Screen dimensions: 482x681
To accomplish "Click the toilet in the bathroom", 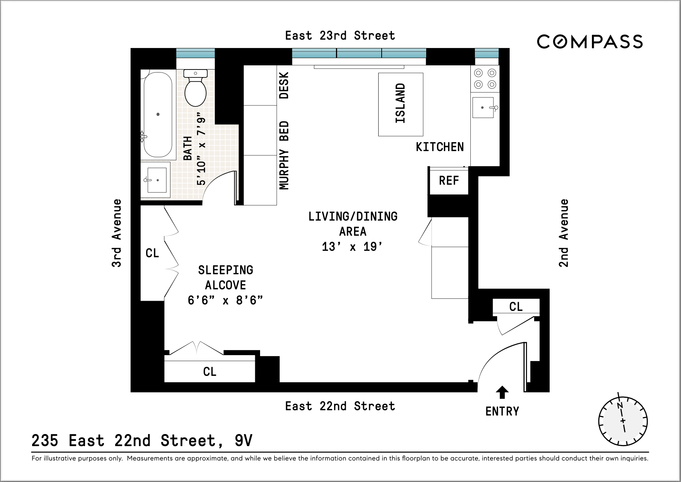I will point(195,90).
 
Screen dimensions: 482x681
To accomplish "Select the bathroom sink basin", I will point(157,180).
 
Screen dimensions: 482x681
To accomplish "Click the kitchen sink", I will point(482,108).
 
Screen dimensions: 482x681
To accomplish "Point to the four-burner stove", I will point(485,79).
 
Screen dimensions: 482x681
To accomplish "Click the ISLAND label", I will point(401,104).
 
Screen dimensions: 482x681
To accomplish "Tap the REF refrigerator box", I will point(449,181).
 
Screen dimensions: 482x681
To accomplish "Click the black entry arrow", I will point(502,392).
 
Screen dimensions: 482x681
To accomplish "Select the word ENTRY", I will point(502,411).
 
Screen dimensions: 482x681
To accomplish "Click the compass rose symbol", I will point(623,421).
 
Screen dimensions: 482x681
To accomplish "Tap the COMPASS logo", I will point(590,42).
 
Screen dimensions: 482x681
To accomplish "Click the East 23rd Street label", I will point(340,36).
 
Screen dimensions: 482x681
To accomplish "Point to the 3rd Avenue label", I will point(117,233).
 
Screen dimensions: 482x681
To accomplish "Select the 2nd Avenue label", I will point(564,233).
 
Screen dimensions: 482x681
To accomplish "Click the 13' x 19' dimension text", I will point(353,247).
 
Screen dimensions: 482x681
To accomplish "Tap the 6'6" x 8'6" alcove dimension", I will point(225,300).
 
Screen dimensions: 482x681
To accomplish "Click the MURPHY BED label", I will point(284,155).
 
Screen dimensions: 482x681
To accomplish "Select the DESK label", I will point(284,86).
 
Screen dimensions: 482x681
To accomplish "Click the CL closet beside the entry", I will point(516,306).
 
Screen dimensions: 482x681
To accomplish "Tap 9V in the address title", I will point(243,440).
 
